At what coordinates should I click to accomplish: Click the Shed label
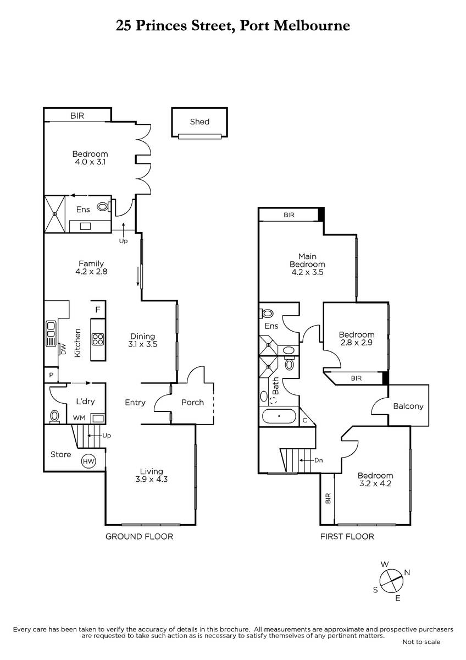coord(199,122)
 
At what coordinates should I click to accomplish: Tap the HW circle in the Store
coord(88,461)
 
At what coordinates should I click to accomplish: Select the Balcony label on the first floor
coord(408,406)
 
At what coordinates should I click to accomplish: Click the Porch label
coord(192,403)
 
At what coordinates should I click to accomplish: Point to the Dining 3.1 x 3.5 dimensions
coord(143,344)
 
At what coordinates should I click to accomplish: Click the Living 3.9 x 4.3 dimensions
coord(151,479)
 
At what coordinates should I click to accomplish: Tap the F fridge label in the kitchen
coord(98,310)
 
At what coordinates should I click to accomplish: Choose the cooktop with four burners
coord(98,339)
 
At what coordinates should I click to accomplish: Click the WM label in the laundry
coord(79,418)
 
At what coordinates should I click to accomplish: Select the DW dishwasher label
coord(64,350)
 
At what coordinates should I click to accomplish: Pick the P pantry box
coord(51,375)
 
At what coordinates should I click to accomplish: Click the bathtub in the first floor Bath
coord(279,416)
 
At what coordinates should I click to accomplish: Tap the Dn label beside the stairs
coord(319,460)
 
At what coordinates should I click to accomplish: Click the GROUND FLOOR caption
coord(139,537)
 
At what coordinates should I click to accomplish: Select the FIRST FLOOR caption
coord(347,537)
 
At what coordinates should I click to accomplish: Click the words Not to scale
coord(421,641)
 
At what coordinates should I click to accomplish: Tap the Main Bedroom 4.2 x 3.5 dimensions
coord(307,272)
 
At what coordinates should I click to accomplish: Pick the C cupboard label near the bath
coord(305,420)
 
